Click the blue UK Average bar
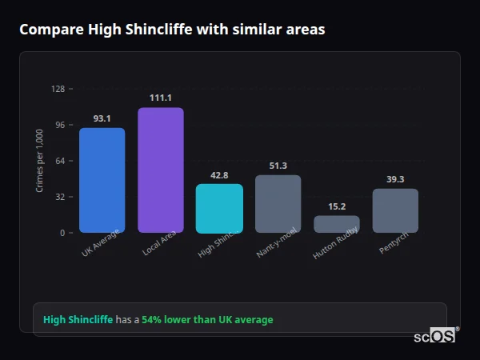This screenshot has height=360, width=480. click(x=102, y=180)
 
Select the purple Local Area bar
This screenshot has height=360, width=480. click(x=160, y=170)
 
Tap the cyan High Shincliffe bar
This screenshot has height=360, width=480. click(x=219, y=208)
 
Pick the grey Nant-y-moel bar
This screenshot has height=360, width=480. click(x=278, y=204)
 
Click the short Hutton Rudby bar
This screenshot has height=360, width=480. click(x=336, y=224)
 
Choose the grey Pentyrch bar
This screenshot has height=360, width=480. click(x=395, y=210)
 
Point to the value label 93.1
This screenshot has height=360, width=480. click(x=102, y=118)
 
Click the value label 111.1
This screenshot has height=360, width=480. click(x=160, y=98)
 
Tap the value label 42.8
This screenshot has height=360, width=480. click(x=219, y=175)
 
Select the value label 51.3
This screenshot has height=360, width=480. click(x=278, y=166)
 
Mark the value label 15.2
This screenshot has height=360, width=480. click(x=336, y=206)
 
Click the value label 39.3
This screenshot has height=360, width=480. click(x=395, y=179)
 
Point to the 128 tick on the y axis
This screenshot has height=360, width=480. click(x=58, y=89)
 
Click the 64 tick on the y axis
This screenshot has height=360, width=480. click(x=60, y=161)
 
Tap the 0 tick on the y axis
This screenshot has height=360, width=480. click(x=62, y=233)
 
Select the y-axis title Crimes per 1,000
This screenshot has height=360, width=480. click(x=40, y=160)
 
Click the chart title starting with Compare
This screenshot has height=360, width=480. click(x=171, y=30)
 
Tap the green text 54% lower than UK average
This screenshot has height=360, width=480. click(x=207, y=320)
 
